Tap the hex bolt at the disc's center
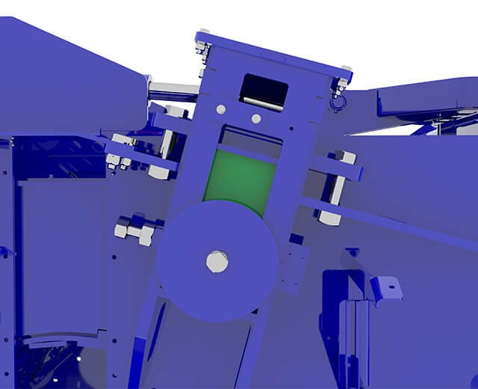coord(217,262)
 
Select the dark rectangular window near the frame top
coord(264,91)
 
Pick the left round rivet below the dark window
coord(221,110)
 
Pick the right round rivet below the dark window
coord(256,118)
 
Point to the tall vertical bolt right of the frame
coord(334,187)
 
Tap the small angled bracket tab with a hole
coord(385,288)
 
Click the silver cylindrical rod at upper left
coord(172,92)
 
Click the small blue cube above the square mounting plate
coord(296,239)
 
